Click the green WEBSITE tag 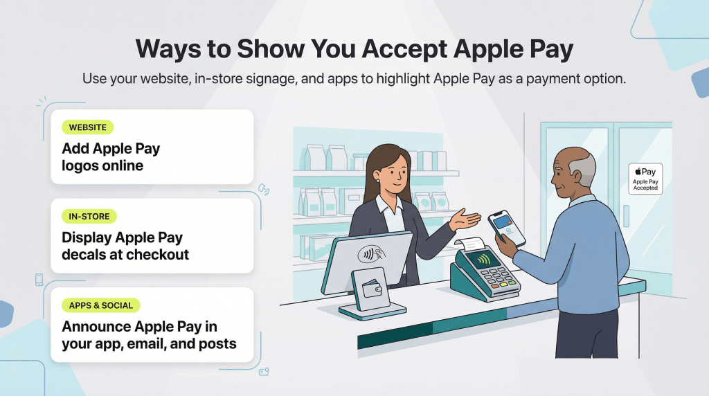click(87, 127)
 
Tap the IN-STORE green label click(89, 217)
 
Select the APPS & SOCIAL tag click(100, 305)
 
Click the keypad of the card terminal click(500, 277)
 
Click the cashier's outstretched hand click(464, 220)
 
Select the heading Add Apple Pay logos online click(111, 157)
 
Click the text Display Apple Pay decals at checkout click(125, 246)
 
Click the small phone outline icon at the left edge click(39, 280)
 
